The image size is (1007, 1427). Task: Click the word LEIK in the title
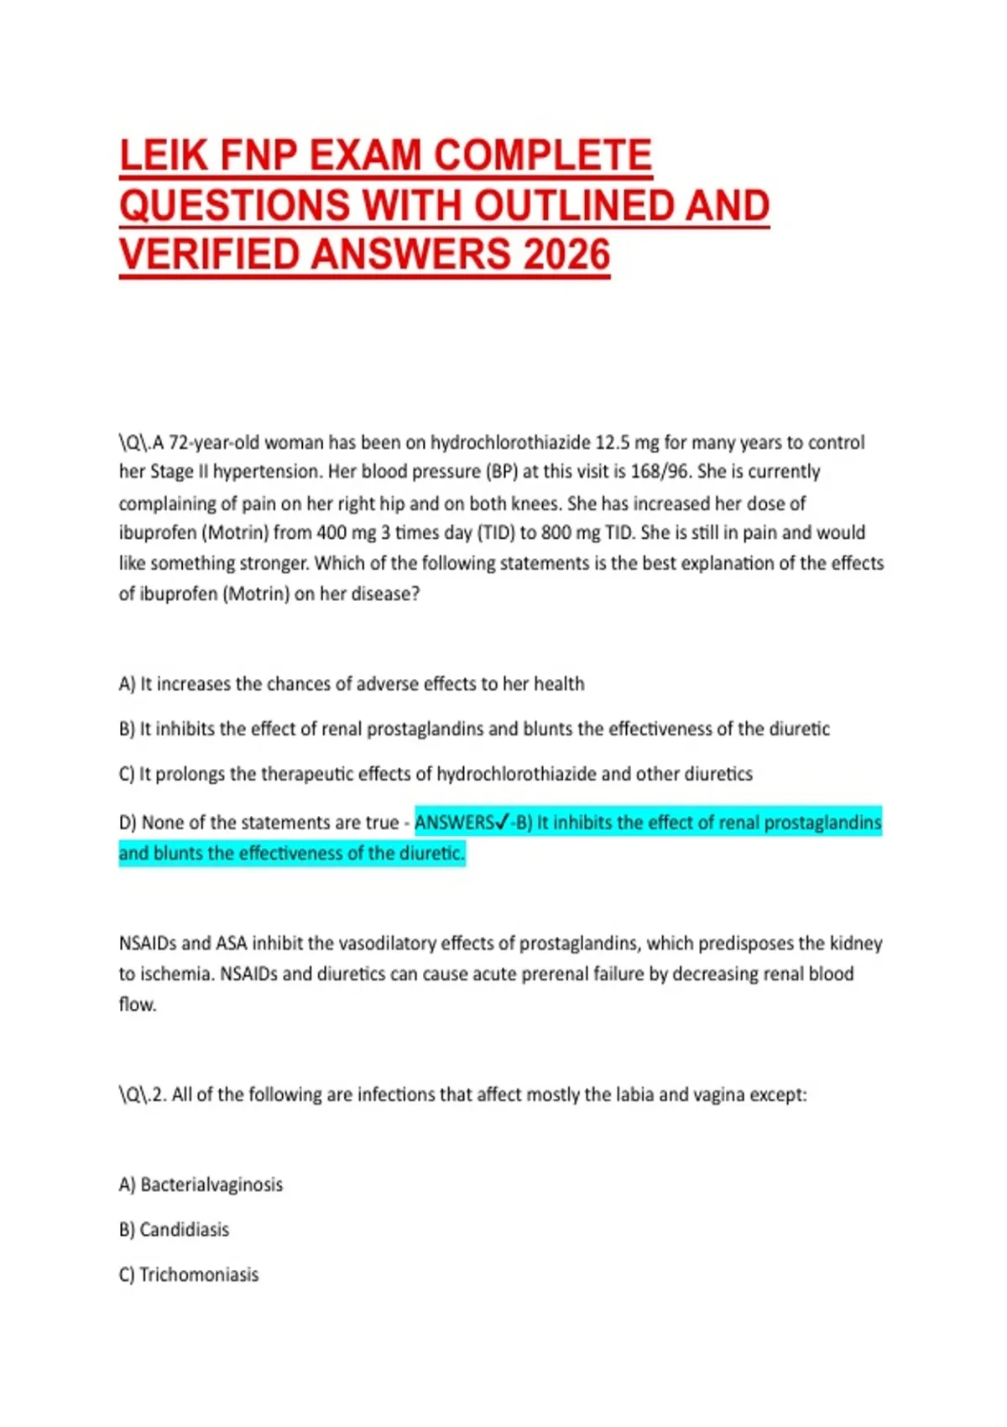(163, 155)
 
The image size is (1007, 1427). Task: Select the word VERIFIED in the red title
(210, 254)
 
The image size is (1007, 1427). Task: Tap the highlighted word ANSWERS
(454, 823)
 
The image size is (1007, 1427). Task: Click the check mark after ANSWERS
(503, 823)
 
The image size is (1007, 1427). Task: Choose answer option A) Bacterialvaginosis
(201, 1184)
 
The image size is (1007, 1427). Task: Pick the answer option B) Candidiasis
(174, 1230)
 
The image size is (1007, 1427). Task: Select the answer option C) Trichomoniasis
(189, 1274)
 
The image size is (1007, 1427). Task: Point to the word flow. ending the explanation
(138, 1005)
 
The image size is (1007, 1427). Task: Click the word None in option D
(162, 823)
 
